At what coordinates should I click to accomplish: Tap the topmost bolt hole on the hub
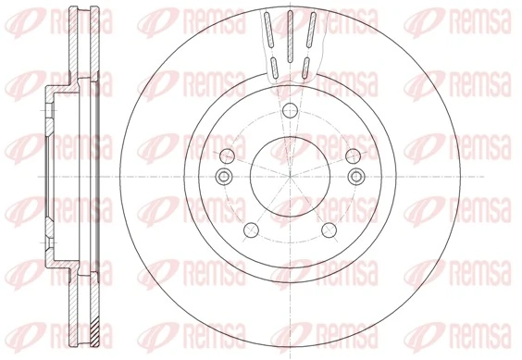tap(289, 110)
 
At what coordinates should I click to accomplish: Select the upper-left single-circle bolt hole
tap(228, 154)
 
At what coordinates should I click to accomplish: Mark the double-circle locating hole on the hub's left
tap(221, 176)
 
